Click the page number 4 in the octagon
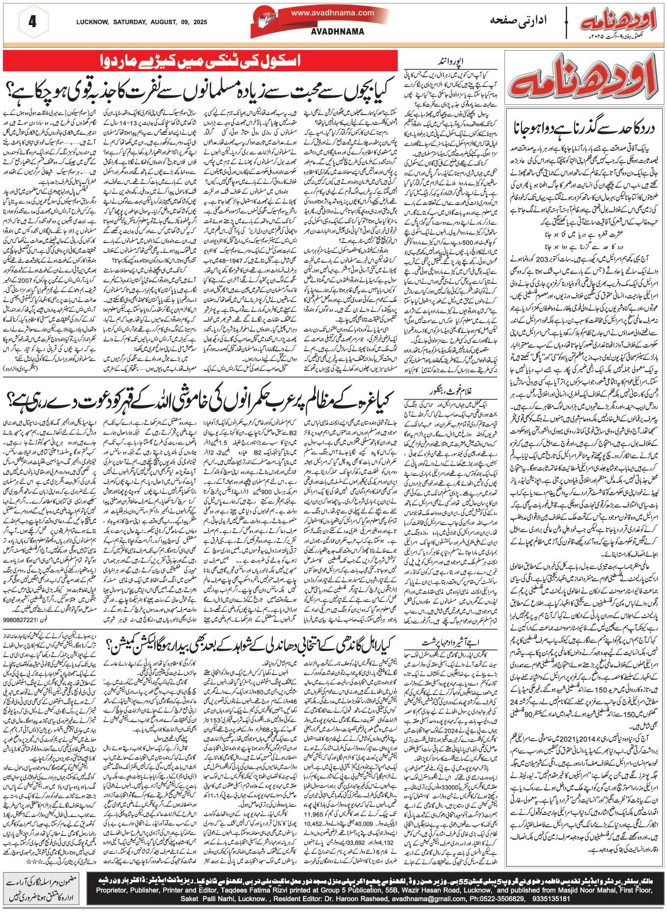(33, 22)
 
